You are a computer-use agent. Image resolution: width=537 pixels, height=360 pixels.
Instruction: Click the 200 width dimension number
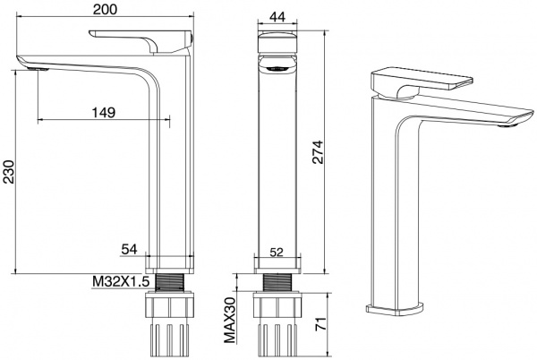tap(105, 9)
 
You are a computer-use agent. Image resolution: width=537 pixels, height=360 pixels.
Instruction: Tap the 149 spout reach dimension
tap(104, 112)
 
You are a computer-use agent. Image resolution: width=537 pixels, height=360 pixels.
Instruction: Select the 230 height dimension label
tap(9, 172)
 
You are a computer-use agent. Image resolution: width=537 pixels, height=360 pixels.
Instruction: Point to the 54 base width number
tap(129, 249)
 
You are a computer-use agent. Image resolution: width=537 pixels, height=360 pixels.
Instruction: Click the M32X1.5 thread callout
tap(121, 281)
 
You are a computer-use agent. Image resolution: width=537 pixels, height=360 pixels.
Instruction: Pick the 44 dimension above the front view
tap(277, 16)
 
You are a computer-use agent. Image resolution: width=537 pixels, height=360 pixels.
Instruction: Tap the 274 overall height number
tap(317, 152)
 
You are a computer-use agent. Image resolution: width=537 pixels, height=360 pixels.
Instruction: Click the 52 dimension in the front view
tap(277, 253)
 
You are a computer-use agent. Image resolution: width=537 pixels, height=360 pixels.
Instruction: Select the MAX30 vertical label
tap(230, 320)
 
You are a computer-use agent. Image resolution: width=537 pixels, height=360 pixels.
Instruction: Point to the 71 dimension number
tap(320, 323)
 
